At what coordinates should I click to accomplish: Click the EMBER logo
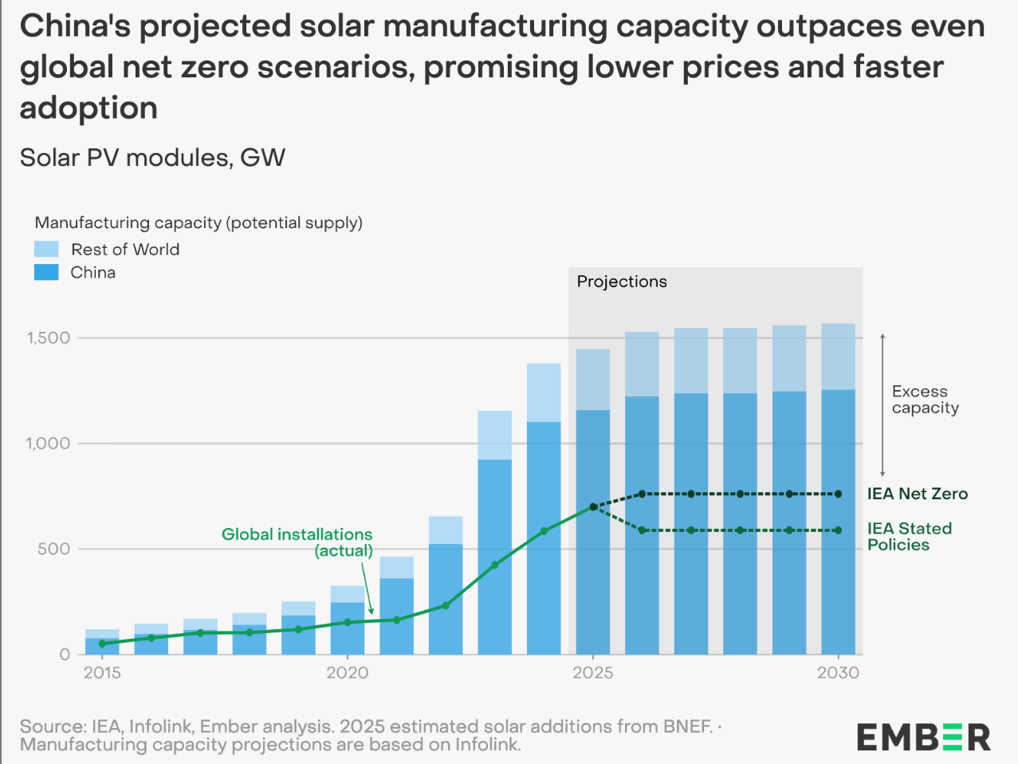pyautogui.click(x=923, y=737)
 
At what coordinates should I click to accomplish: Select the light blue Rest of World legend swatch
pyautogui.click(x=46, y=250)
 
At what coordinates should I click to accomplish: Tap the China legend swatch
pyautogui.click(x=46, y=273)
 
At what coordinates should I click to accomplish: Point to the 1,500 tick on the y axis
pyautogui.click(x=49, y=338)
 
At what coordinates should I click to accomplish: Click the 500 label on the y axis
pyautogui.click(x=53, y=549)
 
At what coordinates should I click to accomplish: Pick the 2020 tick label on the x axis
pyautogui.click(x=348, y=673)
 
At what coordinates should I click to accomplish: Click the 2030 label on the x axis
pyautogui.click(x=838, y=673)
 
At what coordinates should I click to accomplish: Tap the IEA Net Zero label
pyautogui.click(x=918, y=494)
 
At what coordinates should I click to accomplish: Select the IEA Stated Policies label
pyautogui.click(x=909, y=537)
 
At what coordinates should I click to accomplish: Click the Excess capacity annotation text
pyautogui.click(x=925, y=400)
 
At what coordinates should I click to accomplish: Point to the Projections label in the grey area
pyautogui.click(x=622, y=282)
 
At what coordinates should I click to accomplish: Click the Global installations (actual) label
pyautogui.click(x=297, y=542)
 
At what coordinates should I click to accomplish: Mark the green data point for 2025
pyautogui.click(x=593, y=507)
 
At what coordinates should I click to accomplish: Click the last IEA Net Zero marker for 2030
pyautogui.click(x=838, y=494)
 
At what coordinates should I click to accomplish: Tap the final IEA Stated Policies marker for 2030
pyautogui.click(x=838, y=530)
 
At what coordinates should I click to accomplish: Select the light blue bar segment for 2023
pyautogui.click(x=494, y=435)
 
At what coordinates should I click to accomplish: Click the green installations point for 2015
pyautogui.click(x=102, y=644)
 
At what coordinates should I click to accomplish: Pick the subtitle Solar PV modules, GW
pyautogui.click(x=152, y=157)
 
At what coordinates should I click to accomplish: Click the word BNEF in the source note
pyautogui.click(x=686, y=727)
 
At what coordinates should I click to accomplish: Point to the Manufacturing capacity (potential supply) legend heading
pyautogui.click(x=198, y=223)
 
